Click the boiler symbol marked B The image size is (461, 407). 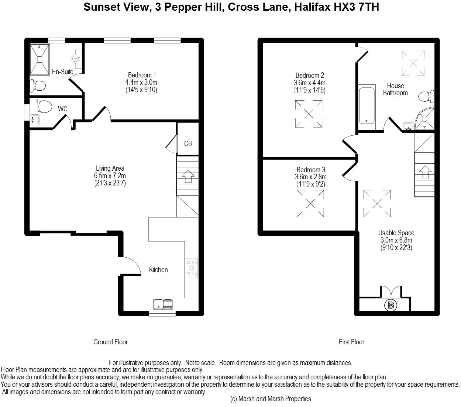pyautogui.click(x=391, y=305)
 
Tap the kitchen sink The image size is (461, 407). pyautogui.click(x=163, y=304)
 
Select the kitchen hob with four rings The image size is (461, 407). pyautogui.click(x=191, y=268)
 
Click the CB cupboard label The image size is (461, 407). pyautogui.click(x=188, y=143)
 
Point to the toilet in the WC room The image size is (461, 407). pyautogui.click(x=44, y=106)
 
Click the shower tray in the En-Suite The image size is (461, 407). pyautogui.click(x=39, y=59)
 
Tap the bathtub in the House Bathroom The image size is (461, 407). pyautogui.click(x=367, y=106)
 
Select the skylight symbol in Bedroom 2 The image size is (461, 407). pyautogui.click(x=309, y=114)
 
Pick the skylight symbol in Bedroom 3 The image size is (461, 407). pyautogui.click(x=310, y=204)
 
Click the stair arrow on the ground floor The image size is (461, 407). pyautogui.click(x=188, y=176)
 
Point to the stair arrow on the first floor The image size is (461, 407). pyautogui.click(x=425, y=171)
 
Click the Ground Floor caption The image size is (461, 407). pyautogui.click(x=111, y=342)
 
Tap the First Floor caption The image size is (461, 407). pyautogui.click(x=351, y=342)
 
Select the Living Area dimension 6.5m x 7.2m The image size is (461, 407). pyautogui.click(x=110, y=175)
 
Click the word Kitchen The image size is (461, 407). pyautogui.click(x=158, y=270)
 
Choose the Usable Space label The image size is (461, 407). pyautogui.click(x=396, y=233)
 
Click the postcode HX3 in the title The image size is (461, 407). pyautogui.click(x=344, y=7)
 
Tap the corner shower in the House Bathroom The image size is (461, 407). pyautogui.click(x=424, y=118)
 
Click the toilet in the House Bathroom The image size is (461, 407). pyautogui.click(x=426, y=97)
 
